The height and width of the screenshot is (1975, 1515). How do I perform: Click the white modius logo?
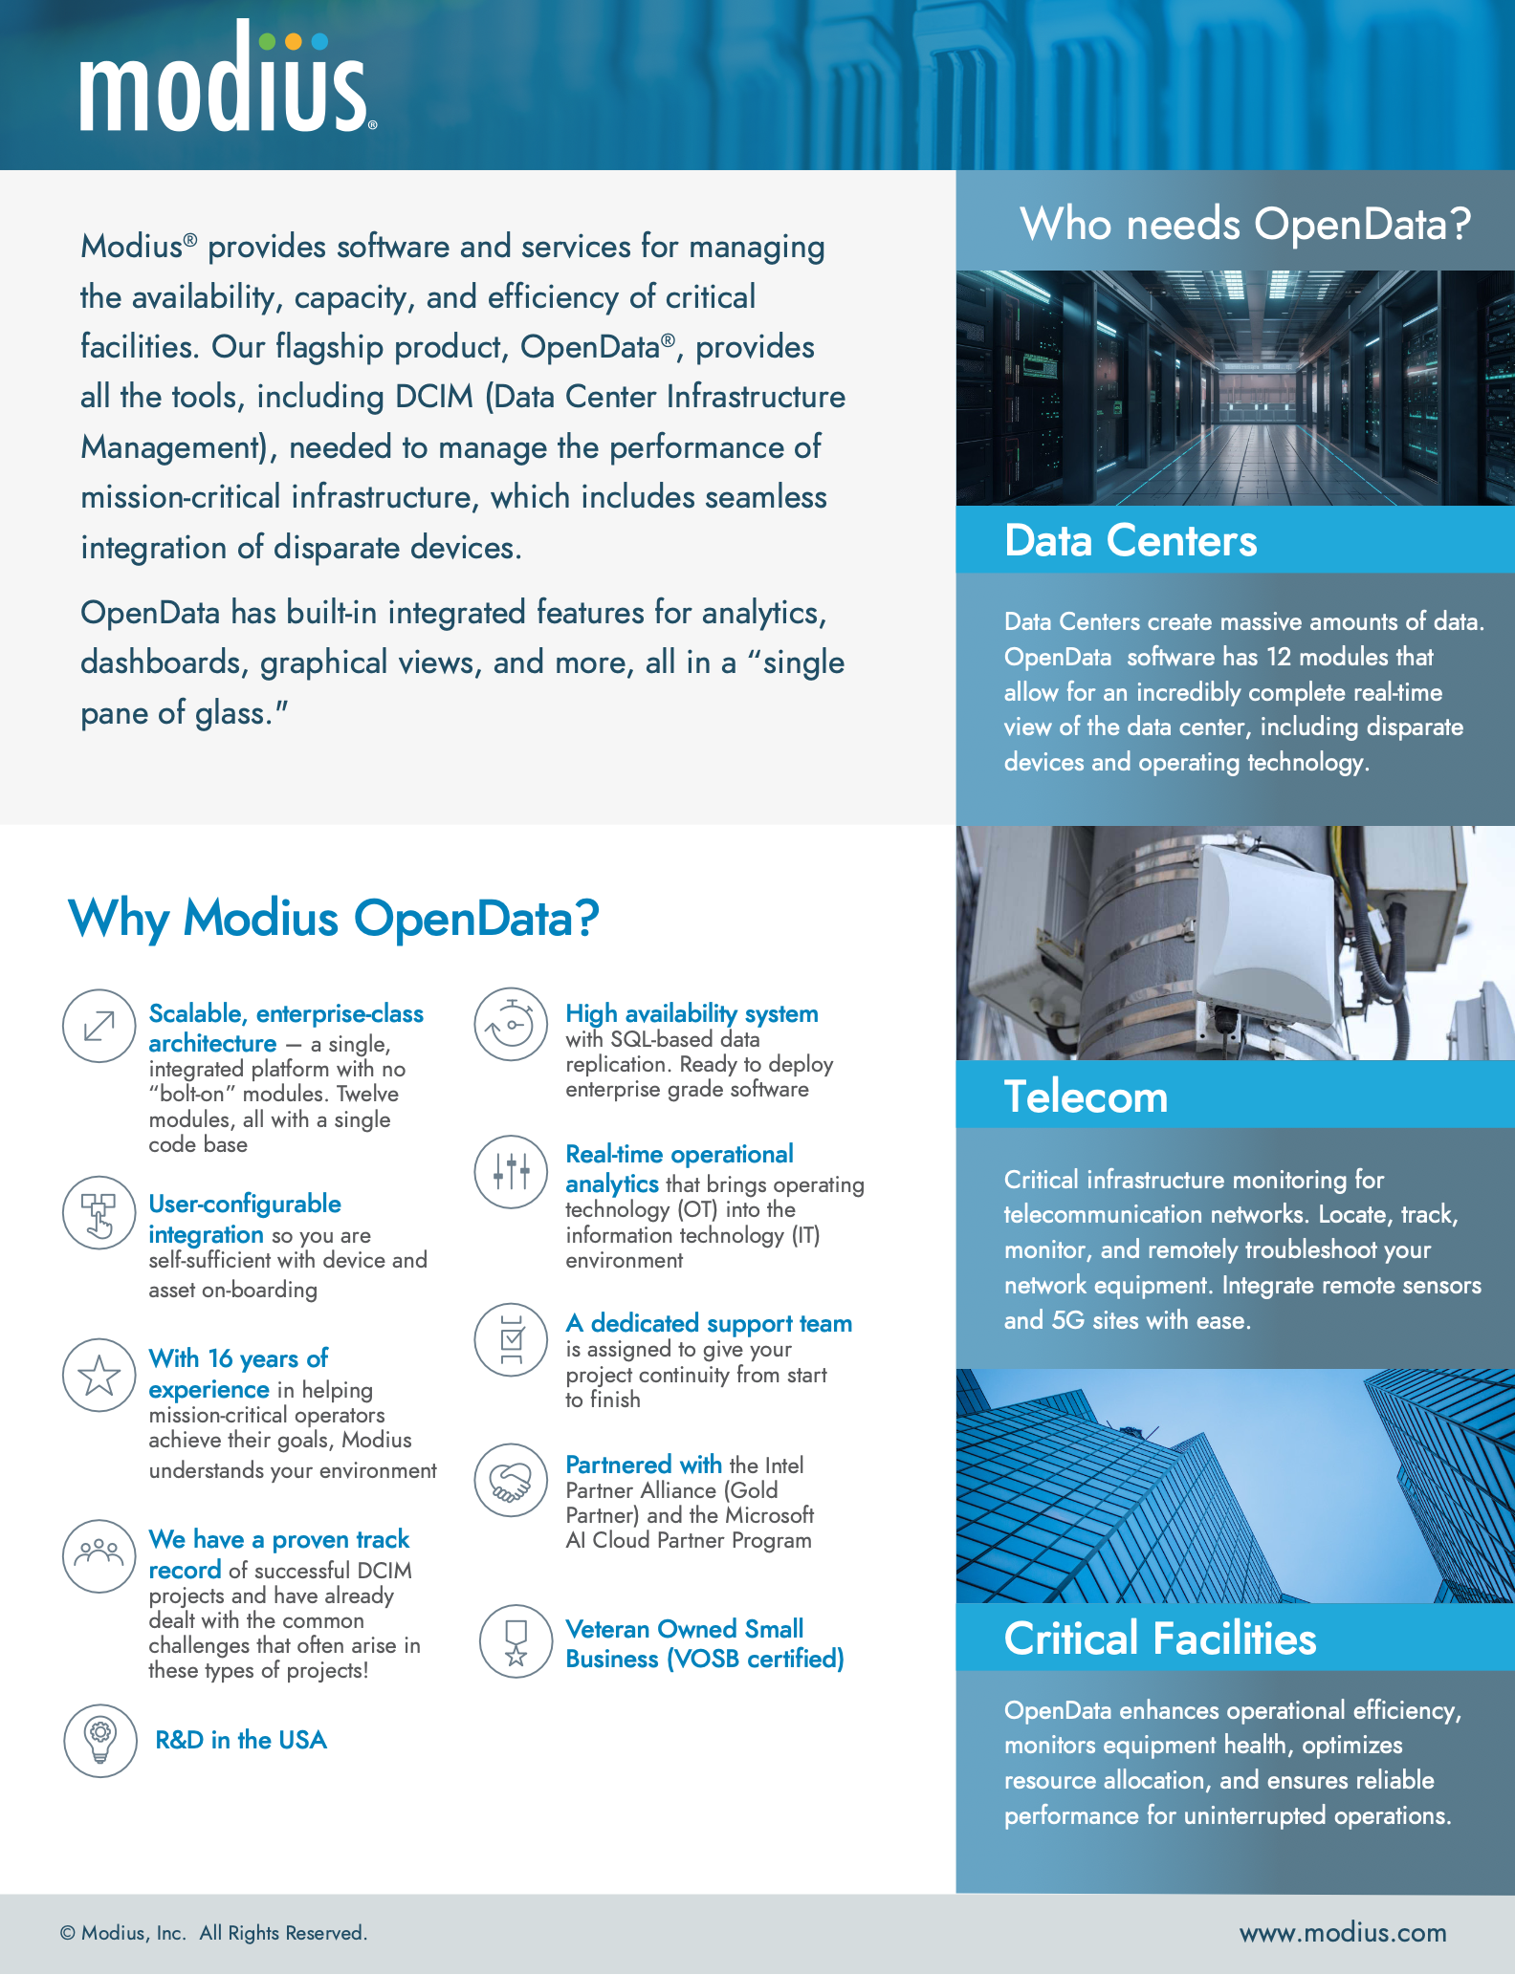coord(224,86)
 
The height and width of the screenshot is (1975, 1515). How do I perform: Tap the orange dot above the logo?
coord(294,41)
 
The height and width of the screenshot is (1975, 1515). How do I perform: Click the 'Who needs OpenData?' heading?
coord(1244,225)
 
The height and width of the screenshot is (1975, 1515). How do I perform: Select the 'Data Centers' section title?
coord(1131,541)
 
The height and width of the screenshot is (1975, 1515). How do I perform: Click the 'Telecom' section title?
coord(1086,1096)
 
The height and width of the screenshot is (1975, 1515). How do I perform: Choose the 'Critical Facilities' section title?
coord(1160,1639)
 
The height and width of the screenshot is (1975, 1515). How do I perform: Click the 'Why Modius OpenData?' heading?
coord(333,919)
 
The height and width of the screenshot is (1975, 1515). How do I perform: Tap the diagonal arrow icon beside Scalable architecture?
coord(99,1026)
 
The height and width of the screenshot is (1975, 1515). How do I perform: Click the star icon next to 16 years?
coord(99,1375)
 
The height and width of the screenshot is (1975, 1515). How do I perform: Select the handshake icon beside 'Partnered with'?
coord(512,1480)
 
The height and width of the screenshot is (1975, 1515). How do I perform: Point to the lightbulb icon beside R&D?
coord(100,1740)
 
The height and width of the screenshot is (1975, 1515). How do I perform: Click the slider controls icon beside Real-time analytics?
coord(512,1172)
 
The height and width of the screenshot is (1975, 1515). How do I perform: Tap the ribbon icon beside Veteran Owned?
coord(516,1640)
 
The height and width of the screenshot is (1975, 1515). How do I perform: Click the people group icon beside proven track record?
coord(99,1555)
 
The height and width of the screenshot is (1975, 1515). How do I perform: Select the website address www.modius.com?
coord(1343,1933)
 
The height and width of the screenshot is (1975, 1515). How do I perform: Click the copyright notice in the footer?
coord(213,1933)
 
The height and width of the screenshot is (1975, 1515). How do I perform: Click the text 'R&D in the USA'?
coord(241,1740)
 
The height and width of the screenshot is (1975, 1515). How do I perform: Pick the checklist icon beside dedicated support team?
coord(512,1339)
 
